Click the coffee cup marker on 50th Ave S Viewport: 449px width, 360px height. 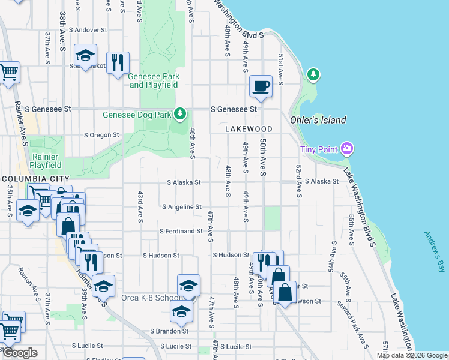(x=261, y=86)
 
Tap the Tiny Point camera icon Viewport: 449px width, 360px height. (x=346, y=148)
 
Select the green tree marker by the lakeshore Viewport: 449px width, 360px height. (x=312, y=74)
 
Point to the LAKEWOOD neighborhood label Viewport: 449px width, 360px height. (x=249, y=129)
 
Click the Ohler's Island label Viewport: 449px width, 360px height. (x=318, y=120)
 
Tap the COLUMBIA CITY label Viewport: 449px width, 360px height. (x=36, y=179)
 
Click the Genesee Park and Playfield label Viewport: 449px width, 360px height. (x=154, y=80)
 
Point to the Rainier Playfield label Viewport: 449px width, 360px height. (x=46, y=160)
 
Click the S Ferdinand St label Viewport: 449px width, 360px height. (x=181, y=231)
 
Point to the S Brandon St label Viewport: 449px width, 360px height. (x=169, y=331)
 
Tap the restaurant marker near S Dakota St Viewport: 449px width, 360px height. (x=118, y=62)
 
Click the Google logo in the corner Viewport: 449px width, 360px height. (x=19, y=353)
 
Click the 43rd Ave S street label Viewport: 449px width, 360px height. (x=140, y=207)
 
